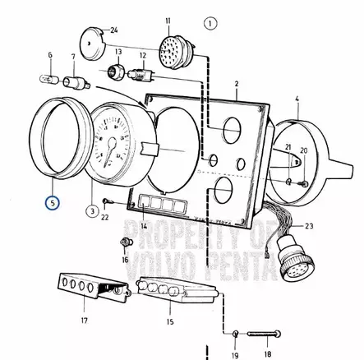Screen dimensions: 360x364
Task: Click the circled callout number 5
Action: point(53,201)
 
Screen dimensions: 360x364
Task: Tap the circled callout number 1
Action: point(210,25)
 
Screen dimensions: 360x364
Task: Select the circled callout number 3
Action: point(92,211)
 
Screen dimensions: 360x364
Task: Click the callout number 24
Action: point(114,29)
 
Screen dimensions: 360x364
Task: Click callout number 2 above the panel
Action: point(236,84)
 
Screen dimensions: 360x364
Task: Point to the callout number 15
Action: point(170,321)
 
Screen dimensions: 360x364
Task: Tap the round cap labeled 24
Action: point(92,40)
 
